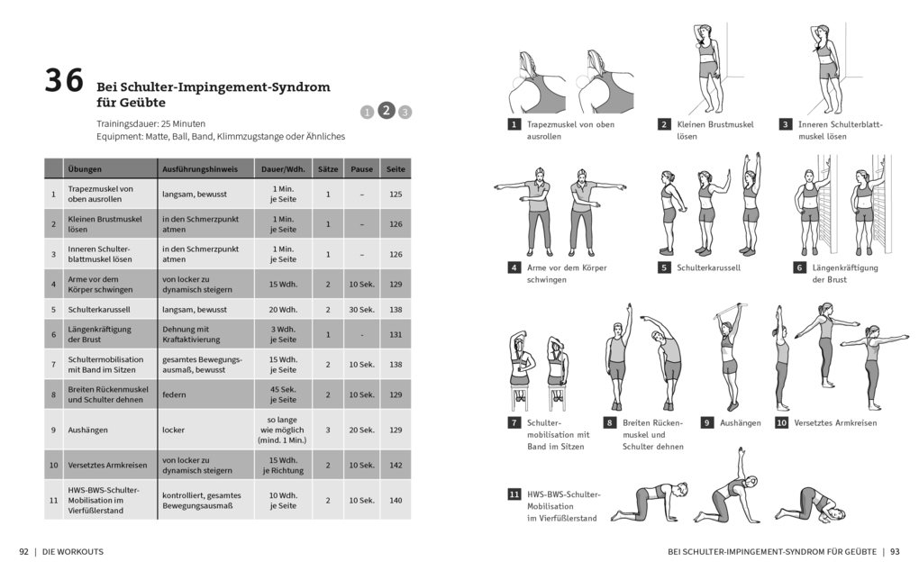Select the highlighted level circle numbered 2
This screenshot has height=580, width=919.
click(x=386, y=110)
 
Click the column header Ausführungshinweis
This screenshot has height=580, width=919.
click(x=200, y=168)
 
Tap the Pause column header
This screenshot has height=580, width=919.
click(x=361, y=168)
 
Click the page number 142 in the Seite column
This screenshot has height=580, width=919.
click(x=396, y=465)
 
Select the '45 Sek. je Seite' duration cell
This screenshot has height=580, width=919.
click(x=283, y=394)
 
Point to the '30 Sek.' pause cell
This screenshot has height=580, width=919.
click(x=361, y=309)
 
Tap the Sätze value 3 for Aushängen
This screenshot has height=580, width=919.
click(x=328, y=430)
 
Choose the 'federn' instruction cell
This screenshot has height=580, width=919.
click(x=174, y=394)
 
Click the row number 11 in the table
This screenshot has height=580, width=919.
click(x=53, y=500)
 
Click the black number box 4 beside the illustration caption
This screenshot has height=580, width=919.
click(x=514, y=267)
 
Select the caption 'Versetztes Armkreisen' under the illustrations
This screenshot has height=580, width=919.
click(x=835, y=422)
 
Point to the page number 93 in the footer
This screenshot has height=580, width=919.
click(x=895, y=551)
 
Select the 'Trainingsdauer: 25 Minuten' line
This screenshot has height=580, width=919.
click(x=150, y=122)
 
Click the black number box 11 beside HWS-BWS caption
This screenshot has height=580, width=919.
click(x=514, y=494)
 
